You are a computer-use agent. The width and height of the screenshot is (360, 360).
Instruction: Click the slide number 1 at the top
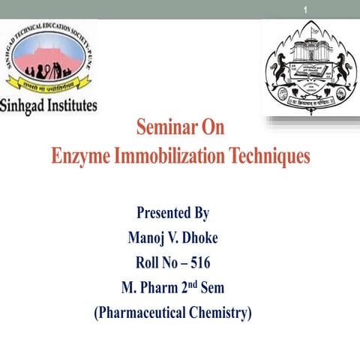(307, 9)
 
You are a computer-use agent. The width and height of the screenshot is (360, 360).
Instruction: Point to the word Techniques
(267, 157)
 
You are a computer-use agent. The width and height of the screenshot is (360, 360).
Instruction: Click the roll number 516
(199, 262)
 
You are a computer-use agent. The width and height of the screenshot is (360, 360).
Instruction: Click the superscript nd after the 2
(196, 283)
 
